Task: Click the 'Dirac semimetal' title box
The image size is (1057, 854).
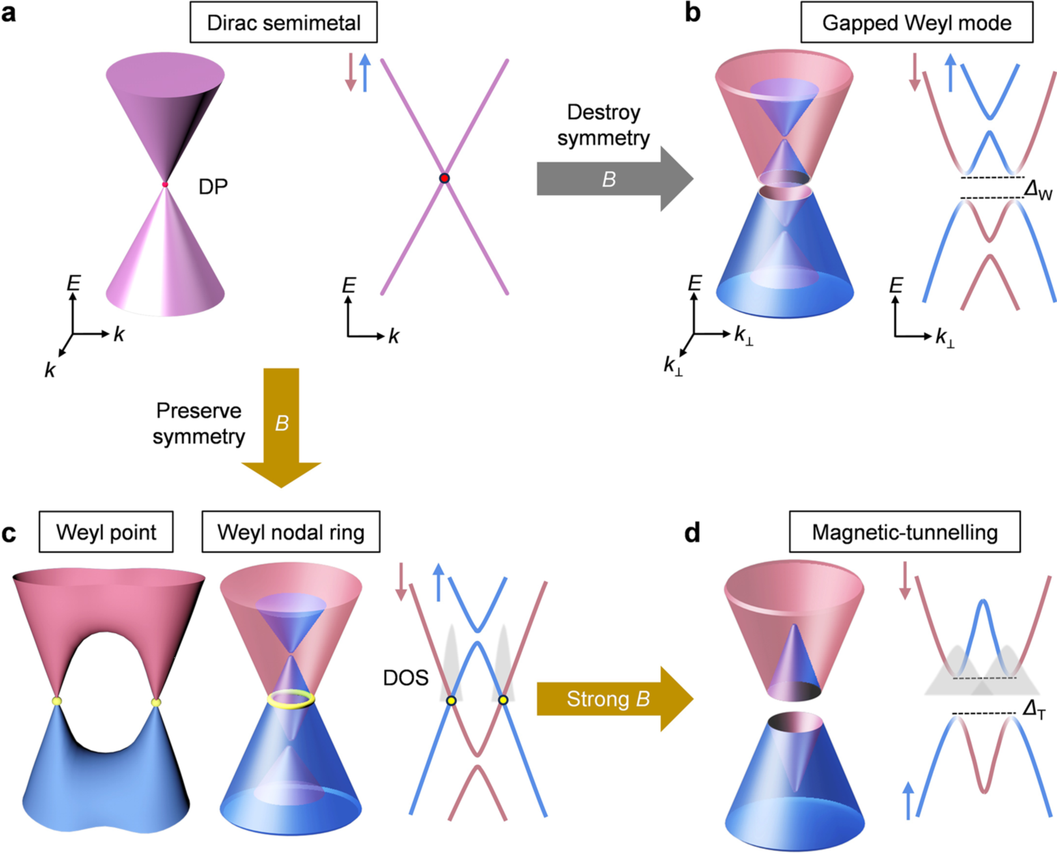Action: [x=284, y=23]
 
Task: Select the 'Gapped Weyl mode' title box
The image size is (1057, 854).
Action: [x=916, y=23]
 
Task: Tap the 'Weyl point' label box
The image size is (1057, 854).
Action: [x=106, y=532]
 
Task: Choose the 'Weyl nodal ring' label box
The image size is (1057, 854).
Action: [x=291, y=532]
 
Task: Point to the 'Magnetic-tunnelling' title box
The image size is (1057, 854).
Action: [x=904, y=532]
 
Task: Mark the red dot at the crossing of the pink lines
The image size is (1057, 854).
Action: [x=445, y=178]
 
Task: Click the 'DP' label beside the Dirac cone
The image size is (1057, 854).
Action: [x=213, y=186]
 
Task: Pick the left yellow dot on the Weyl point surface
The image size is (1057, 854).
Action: [x=57, y=702]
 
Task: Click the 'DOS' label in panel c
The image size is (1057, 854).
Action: [x=406, y=678]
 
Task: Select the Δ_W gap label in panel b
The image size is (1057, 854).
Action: [x=1037, y=190]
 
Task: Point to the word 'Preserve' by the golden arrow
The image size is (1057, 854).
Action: [x=199, y=411]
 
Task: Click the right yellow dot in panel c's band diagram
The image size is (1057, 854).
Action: [x=503, y=700]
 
